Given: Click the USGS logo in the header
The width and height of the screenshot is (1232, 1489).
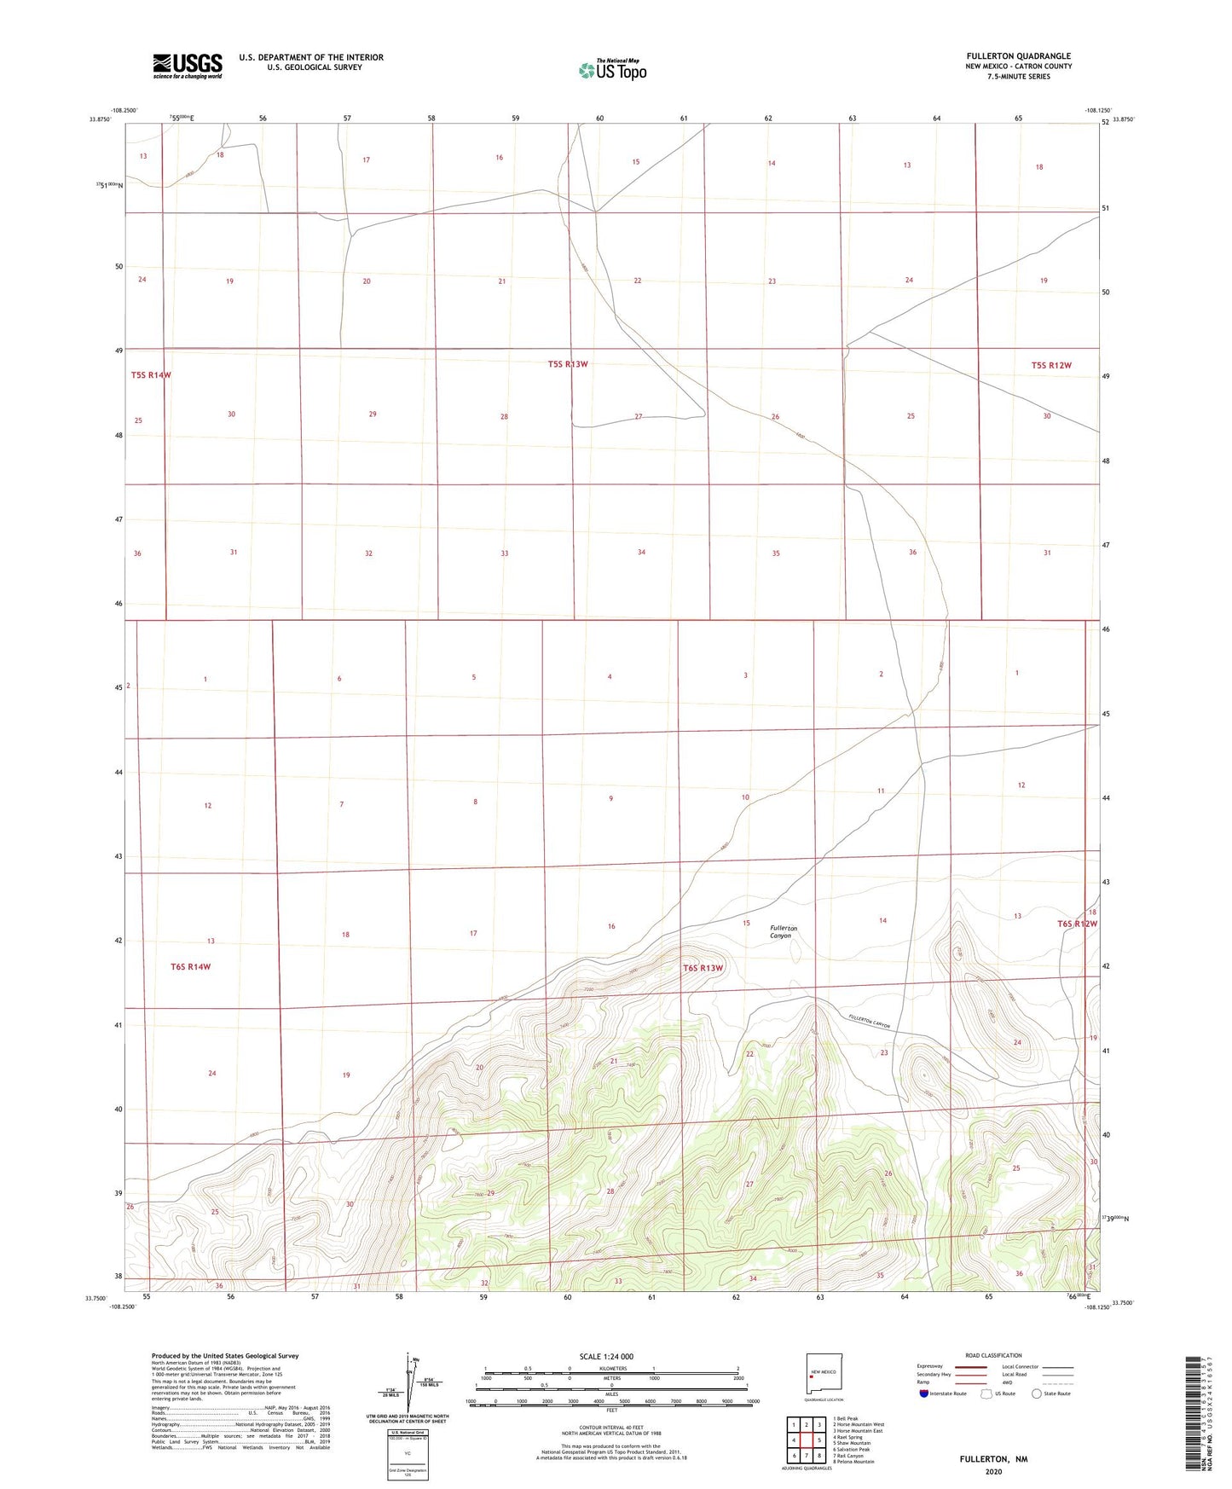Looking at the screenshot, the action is (x=188, y=66).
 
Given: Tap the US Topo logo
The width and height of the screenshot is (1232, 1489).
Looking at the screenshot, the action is (x=612, y=70).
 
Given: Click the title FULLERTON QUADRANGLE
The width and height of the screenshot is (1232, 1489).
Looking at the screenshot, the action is (x=1018, y=56).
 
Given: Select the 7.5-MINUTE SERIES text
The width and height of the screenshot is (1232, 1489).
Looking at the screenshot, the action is (x=1018, y=77).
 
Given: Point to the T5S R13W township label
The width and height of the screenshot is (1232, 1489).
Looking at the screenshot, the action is (x=568, y=364).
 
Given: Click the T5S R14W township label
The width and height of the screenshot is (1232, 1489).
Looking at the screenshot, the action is (x=151, y=375).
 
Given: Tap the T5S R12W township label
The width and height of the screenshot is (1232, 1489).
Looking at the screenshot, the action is (x=1050, y=365).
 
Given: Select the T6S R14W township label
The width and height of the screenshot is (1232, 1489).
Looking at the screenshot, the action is (x=190, y=966).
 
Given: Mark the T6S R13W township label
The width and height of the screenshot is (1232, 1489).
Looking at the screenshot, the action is (x=703, y=968).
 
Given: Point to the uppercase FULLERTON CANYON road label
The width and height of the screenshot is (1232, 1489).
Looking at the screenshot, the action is (x=870, y=1021).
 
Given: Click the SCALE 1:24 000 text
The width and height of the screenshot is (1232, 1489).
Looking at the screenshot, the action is (x=606, y=1356).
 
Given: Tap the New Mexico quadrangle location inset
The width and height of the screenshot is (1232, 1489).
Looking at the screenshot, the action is (x=823, y=1373).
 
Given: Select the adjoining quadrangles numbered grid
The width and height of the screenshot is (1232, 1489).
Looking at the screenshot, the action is (x=806, y=1441).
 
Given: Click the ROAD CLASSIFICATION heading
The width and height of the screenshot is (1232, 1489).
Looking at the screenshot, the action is (x=993, y=1355).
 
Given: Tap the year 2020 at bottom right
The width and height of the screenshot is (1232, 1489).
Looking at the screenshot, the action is (x=993, y=1471).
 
